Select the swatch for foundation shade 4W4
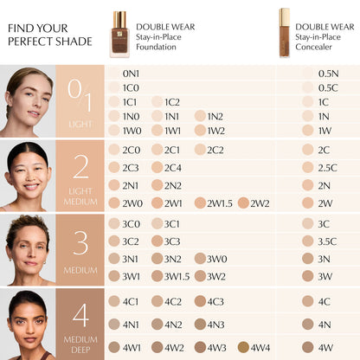pos(244,347)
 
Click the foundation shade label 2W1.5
pos(220,203)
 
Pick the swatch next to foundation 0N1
pos(114,74)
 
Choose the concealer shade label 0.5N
pos(328,74)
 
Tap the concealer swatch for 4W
pos(308,347)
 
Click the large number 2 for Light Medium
pos(80,167)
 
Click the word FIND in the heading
pos(19,28)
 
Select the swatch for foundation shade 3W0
pos(201,258)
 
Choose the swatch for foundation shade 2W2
pos(243,203)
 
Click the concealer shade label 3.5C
pos(327,241)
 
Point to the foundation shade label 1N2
pos(215,116)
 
